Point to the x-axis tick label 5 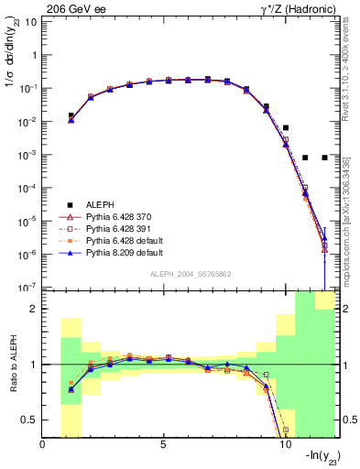(164, 444)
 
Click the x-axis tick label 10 (284, 444)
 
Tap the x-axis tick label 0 (43, 444)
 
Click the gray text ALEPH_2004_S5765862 (191, 274)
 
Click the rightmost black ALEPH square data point (324, 158)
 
